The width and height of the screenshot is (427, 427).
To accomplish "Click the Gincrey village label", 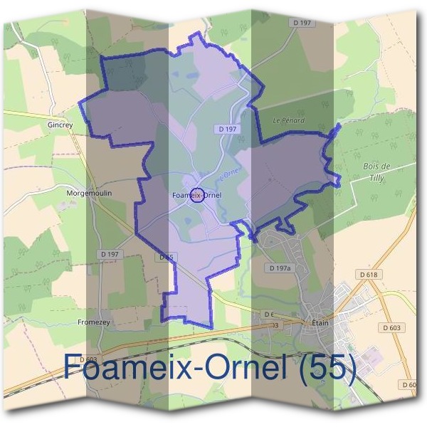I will click(60, 125).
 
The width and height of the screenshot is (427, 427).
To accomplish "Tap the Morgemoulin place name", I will click(89, 193).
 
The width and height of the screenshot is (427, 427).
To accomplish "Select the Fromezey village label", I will click(93, 322).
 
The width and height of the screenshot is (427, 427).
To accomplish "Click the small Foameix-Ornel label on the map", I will click(197, 195).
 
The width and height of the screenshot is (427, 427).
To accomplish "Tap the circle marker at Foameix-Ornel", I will click(199, 195).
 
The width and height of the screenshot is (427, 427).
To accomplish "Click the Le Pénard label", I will click(289, 121).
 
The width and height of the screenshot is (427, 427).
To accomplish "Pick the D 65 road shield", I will click(167, 257).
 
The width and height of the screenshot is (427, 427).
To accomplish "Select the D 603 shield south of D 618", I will click(391, 327).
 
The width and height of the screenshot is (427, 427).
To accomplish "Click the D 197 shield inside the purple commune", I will click(224, 129).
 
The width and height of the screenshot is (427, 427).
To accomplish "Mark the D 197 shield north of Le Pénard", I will click(302, 23).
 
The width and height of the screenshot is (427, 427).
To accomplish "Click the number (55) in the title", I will click(323, 367).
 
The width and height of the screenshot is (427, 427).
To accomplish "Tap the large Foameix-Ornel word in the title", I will click(171, 367).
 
